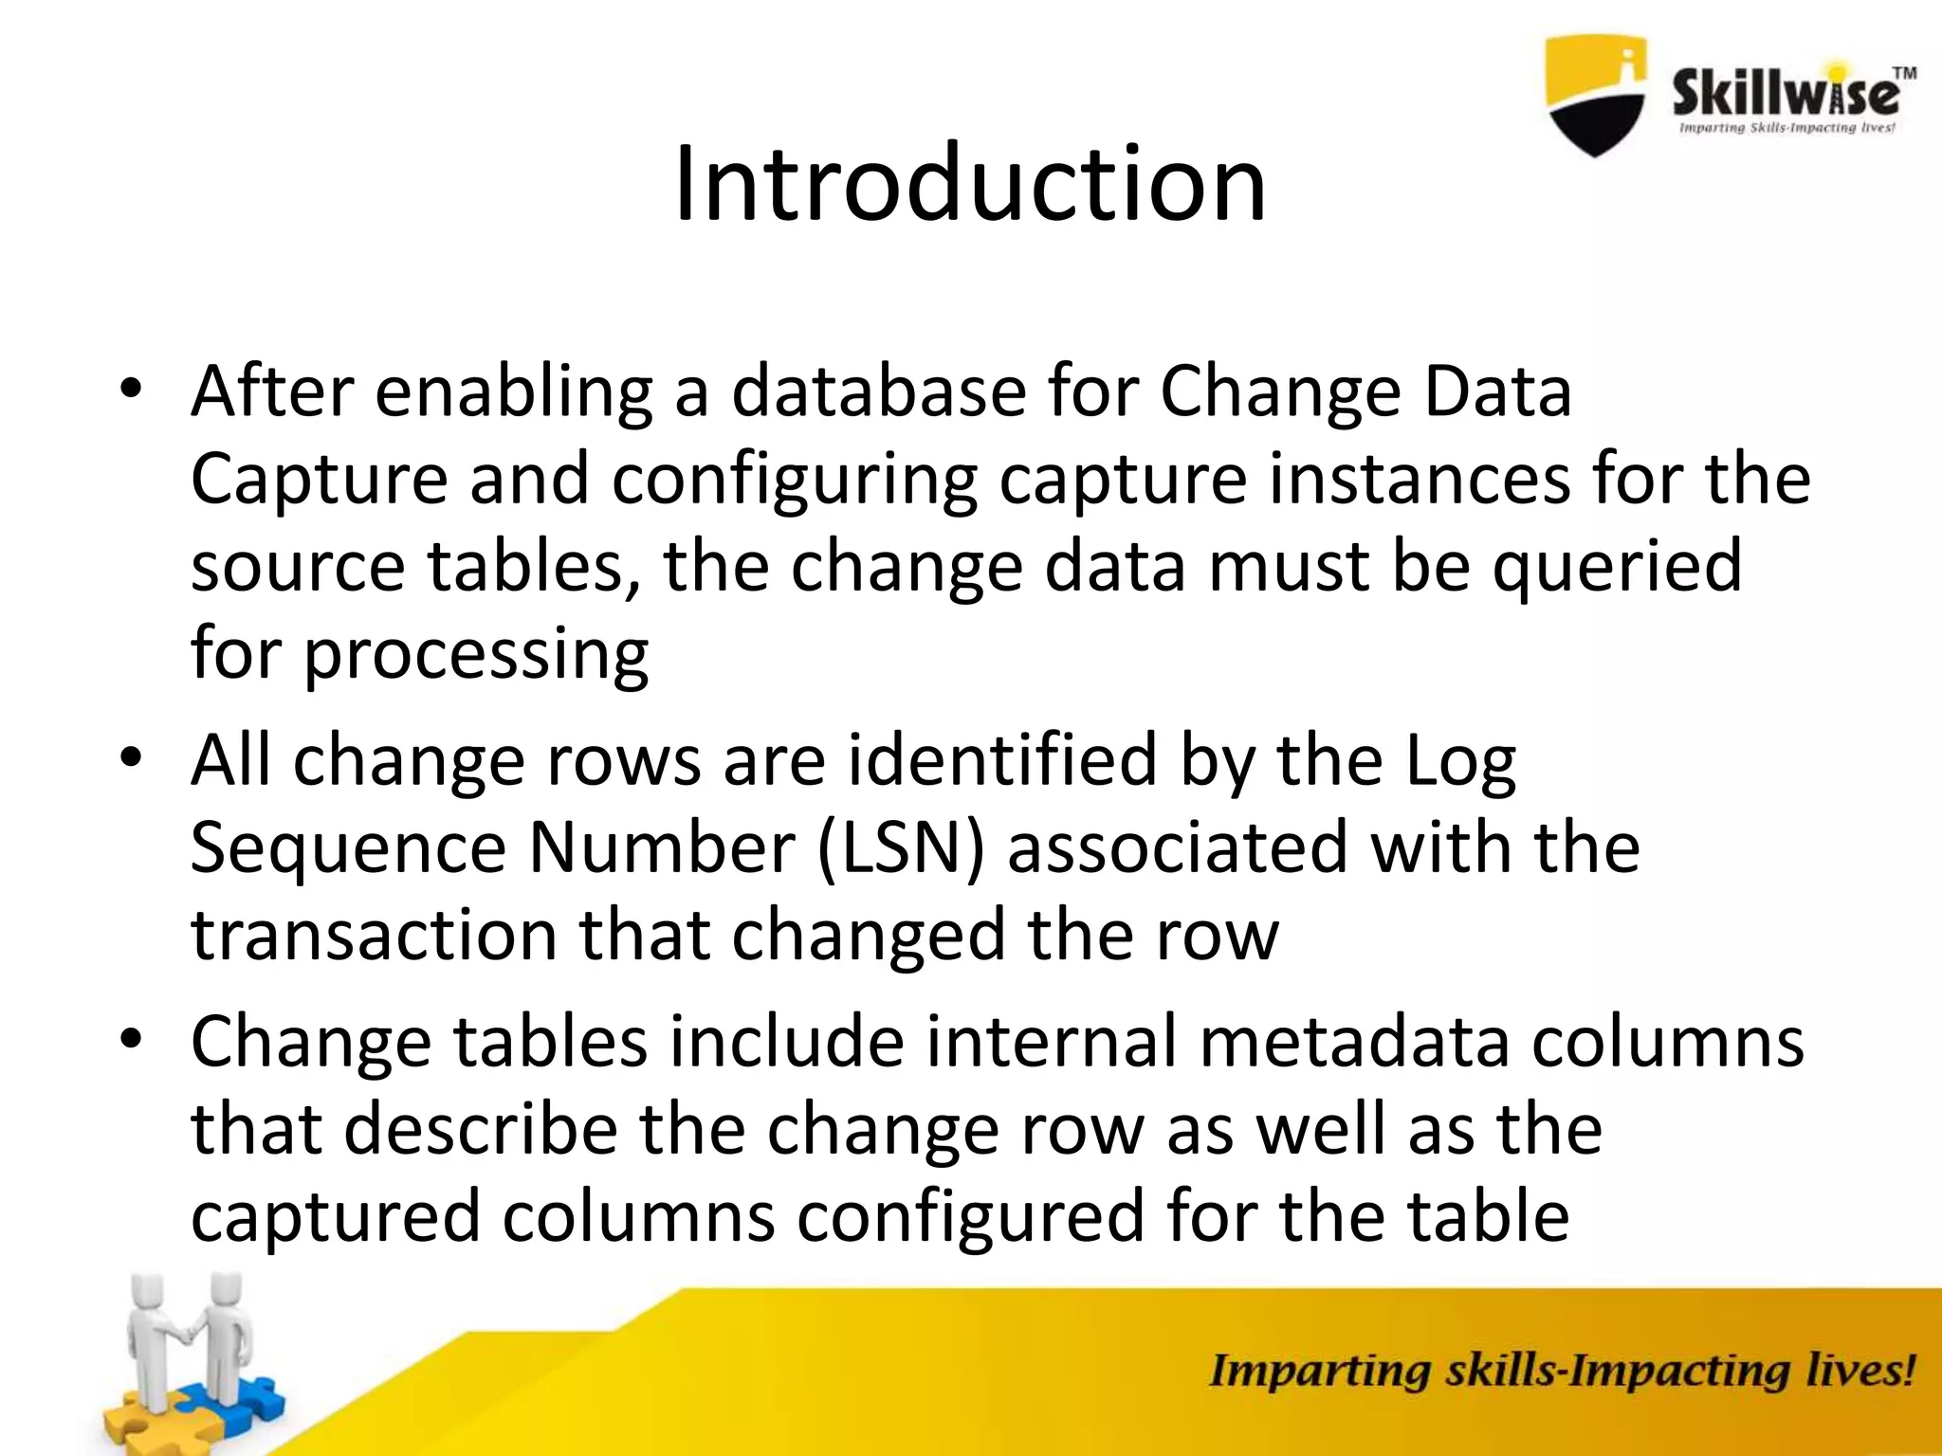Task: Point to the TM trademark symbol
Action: [1904, 73]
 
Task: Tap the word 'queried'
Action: [1618, 566]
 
